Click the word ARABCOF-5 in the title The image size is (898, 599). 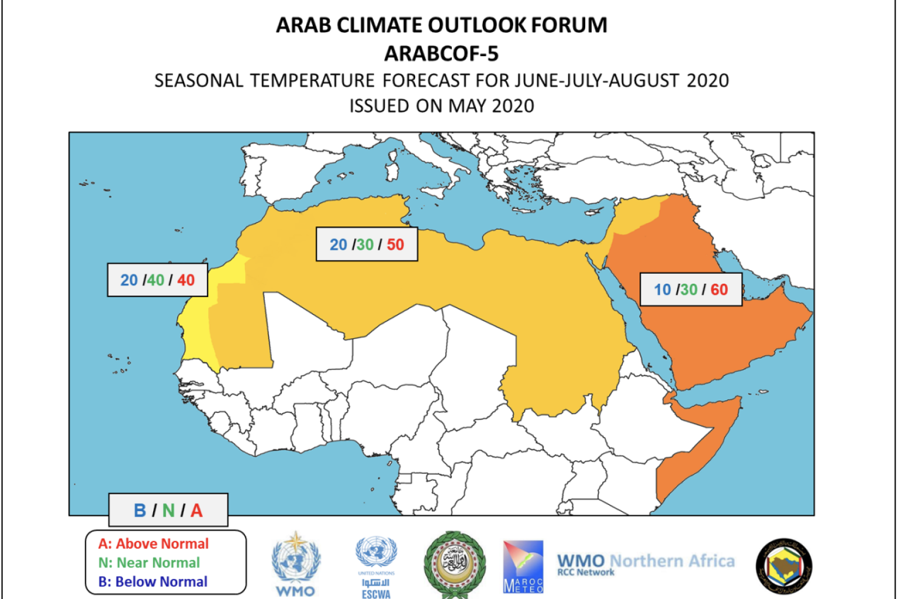(x=441, y=54)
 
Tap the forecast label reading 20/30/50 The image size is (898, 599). (x=367, y=244)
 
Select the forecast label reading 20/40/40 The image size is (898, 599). (x=157, y=280)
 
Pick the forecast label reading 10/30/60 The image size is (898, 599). (x=690, y=289)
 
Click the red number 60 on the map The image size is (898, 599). (x=719, y=290)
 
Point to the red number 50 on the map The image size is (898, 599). (x=395, y=245)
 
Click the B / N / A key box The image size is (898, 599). (x=168, y=510)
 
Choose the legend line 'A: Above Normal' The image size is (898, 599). (x=153, y=543)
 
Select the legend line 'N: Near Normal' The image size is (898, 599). (x=149, y=563)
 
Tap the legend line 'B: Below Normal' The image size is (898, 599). (x=153, y=581)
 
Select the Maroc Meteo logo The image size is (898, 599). (x=523, y=566)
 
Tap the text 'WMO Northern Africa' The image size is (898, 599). (x=645, y=562)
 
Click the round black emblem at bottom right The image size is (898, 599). (x=784, y=566)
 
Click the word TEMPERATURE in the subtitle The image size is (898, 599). (x=313, y=80)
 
